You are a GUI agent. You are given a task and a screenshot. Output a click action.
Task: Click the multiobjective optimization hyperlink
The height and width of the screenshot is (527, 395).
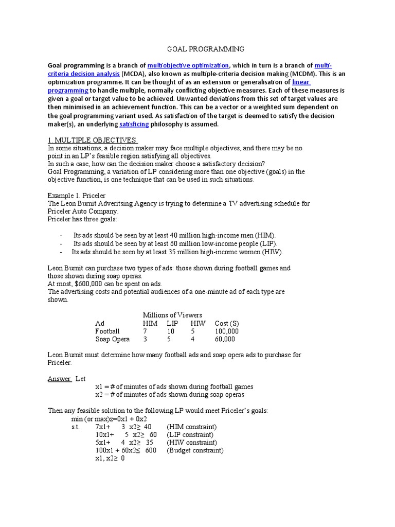point(188,65)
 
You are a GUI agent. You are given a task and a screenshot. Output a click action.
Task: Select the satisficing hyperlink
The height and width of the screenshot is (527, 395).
point(134,124)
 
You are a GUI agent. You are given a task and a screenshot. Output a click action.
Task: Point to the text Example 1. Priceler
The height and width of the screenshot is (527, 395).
point(77,196)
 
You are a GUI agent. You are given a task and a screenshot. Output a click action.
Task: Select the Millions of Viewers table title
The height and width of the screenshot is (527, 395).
point(172,315)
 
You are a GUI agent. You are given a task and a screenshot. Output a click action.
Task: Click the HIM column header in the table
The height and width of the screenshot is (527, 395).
point(150,323)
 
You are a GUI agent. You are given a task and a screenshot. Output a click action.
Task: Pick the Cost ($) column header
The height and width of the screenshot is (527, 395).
point(227,323)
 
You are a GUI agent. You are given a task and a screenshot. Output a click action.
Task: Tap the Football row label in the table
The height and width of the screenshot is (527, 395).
point(107,331)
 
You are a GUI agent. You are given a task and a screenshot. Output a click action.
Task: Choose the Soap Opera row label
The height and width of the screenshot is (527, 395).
point(113,339)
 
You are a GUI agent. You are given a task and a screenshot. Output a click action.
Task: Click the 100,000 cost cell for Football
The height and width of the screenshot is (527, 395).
point(226,331)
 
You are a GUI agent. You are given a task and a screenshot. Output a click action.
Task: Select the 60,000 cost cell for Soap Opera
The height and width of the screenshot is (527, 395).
point(225,339)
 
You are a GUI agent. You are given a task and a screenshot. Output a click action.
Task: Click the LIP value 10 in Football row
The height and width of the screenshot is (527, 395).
point(171,331)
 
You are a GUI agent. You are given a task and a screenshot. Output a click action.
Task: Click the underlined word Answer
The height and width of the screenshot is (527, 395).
point(59,379)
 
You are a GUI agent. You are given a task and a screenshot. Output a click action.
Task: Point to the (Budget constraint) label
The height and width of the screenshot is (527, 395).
point(195,450)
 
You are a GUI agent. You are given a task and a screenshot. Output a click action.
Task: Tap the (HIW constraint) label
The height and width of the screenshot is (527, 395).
point(191,443)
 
